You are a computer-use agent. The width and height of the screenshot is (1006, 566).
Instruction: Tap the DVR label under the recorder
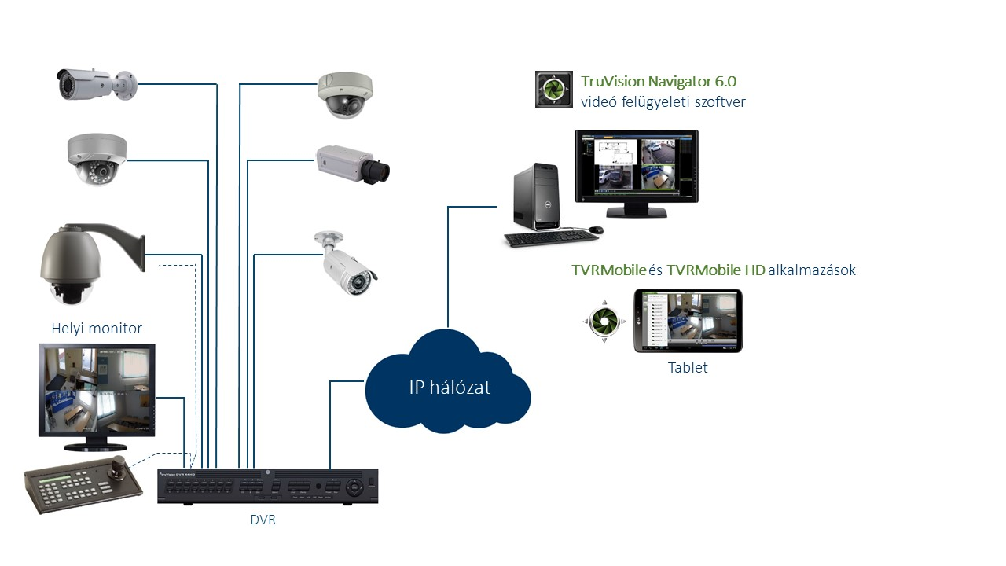[x=264, y=520]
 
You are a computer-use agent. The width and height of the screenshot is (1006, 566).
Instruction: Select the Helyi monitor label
[x=97, y=328]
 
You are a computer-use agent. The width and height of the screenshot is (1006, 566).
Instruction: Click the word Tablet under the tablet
[x=688, y=367]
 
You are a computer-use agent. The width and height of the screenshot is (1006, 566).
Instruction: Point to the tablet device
[x=688, y=321]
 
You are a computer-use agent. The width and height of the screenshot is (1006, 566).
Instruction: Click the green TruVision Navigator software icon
[x=553, y=89]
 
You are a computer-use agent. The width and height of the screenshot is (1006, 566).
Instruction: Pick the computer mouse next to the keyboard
[x=596, y=230]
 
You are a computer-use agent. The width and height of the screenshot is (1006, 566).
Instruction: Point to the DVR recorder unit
[x=267, y=487]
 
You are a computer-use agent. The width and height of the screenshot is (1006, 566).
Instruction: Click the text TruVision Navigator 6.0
[x=659, y=81]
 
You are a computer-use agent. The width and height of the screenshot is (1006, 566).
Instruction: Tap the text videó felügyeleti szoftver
[x=663, y=101]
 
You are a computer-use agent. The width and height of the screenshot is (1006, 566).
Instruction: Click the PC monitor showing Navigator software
[x=637, y=167]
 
